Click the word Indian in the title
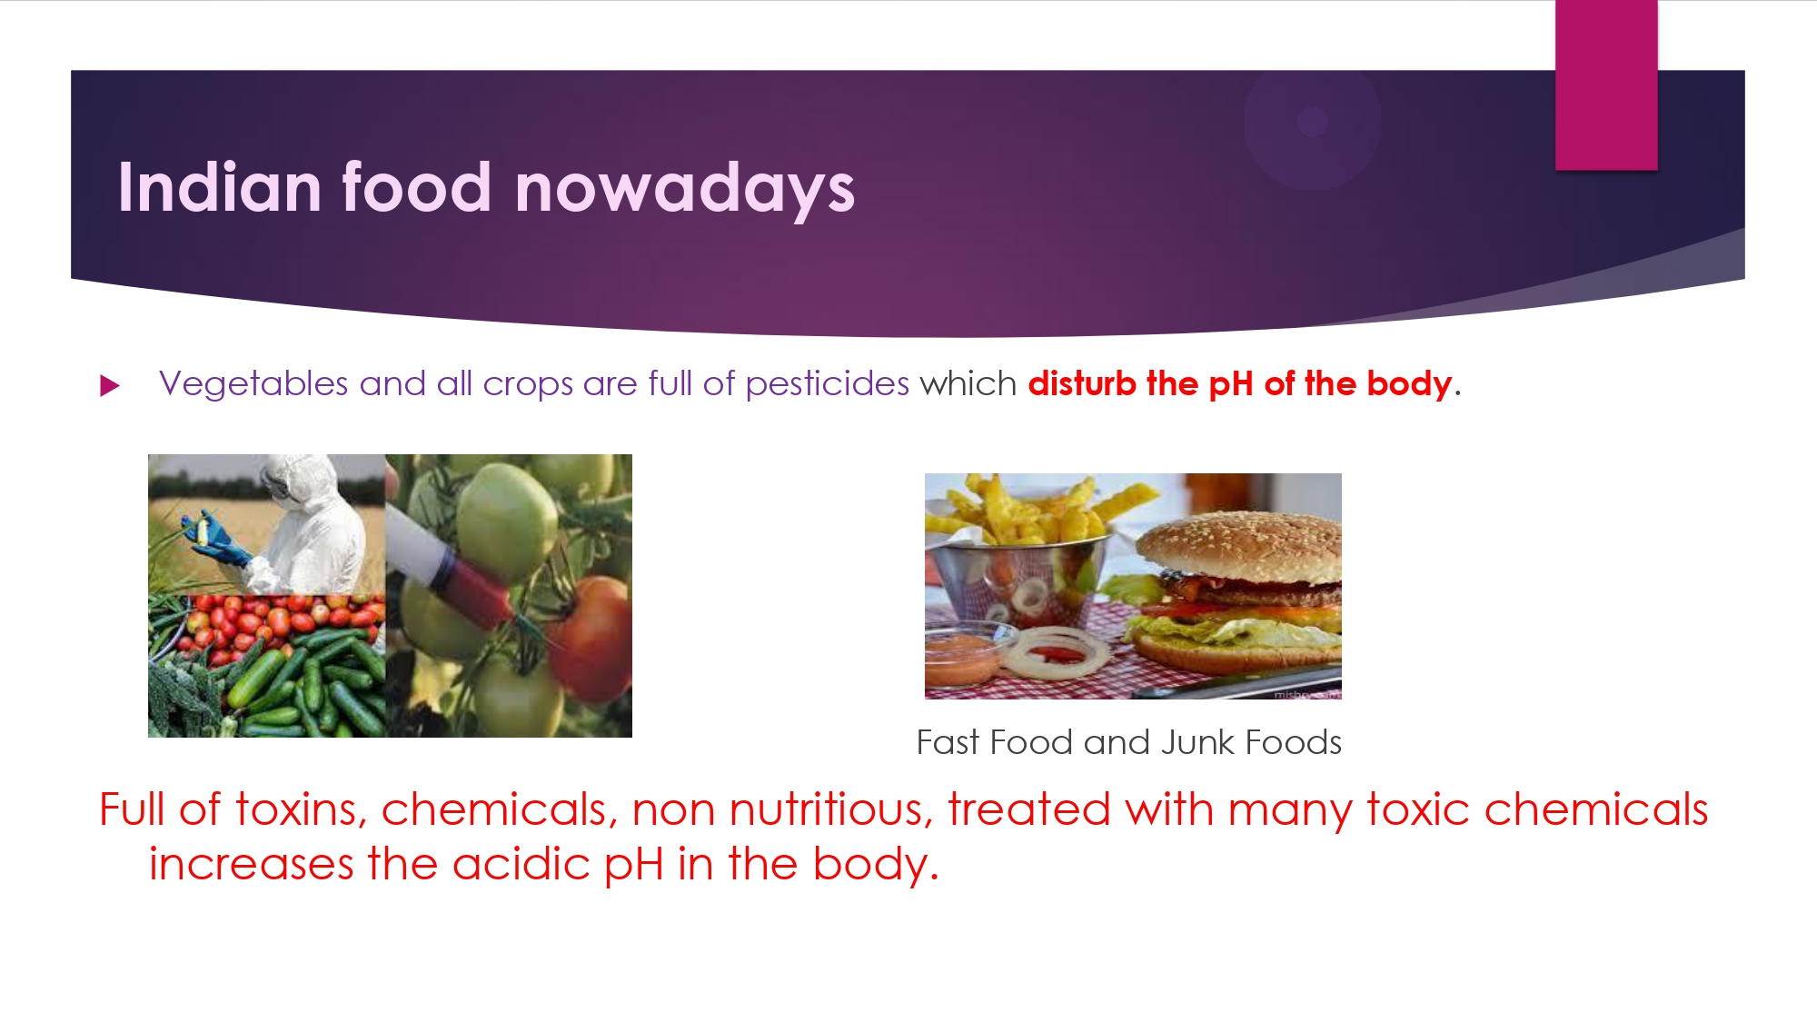220,187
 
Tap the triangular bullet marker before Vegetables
110,386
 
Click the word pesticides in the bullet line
827,384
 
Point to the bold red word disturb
1082,383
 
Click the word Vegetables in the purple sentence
253,384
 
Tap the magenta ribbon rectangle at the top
1606,84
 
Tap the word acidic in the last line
521,864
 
